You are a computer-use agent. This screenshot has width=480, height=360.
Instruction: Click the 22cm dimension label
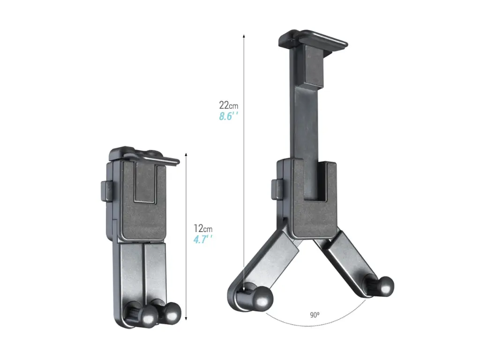[x=228, y=105]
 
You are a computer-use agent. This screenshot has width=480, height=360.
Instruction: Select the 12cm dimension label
[x=203, y=229]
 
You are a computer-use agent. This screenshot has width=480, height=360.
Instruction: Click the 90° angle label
[x=315, y=315]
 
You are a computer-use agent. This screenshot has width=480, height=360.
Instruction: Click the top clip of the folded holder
[x=143, y=156]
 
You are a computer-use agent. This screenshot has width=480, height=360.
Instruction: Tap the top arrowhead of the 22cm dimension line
[x=244, y=36]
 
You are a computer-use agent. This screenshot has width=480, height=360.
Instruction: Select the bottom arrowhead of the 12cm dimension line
[x=187, y=318]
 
